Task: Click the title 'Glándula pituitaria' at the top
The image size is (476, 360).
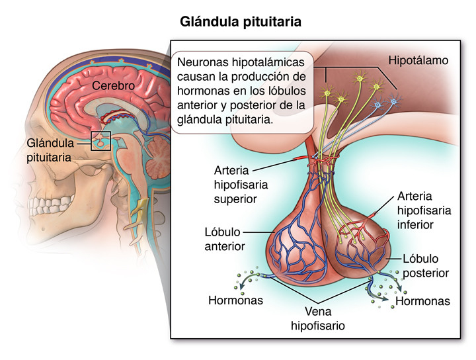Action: pyautogui.click(x=241, y=22)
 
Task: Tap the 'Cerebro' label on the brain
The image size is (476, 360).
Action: pyautogui.click(x=113, y=86)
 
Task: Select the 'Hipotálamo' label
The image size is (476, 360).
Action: pyautogui.click(x=418, y=60)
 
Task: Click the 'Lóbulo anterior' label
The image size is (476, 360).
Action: pyautogui.click(x=225, y=240)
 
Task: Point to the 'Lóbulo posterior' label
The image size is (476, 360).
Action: pyautogui.click(x=425, y=265)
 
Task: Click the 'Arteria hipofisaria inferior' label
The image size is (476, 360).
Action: pyautogui.click(x=424, y=210)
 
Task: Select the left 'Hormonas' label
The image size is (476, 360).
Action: pyautogui.click(x=235, y=300)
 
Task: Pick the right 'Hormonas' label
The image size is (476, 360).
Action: pyautogui.click(x=422, y=302)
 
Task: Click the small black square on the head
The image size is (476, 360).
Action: pyautogui.click(x=100, y=141)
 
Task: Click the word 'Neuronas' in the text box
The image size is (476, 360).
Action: pyautogui.click(x=201, y=62)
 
